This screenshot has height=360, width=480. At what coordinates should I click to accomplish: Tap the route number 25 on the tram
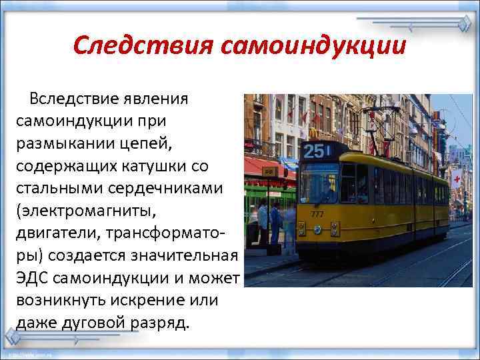(x=313, y=151)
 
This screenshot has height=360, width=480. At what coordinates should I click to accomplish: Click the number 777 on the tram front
(x=317, y=214)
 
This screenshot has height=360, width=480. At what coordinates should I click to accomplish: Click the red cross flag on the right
(x=456, y=181)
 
